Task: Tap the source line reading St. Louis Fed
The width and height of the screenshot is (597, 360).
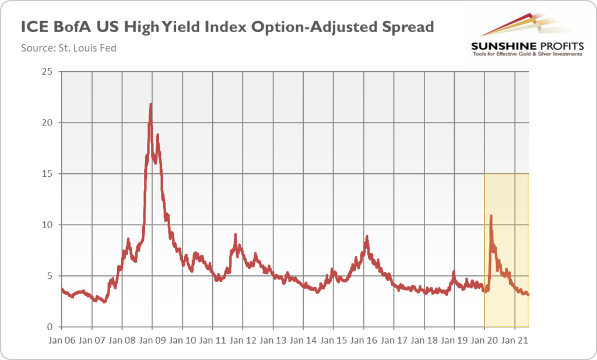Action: [x=69, y=48]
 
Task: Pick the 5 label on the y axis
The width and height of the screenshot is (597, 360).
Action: [x=50, y=276]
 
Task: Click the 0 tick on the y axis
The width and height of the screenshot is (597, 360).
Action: [x=50, y=327]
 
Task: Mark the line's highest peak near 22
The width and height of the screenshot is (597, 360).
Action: [x=151, y=104]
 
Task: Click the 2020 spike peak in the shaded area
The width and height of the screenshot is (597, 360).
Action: [x=491, y=215]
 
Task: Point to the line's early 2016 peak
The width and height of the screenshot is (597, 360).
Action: [x=367, y=236]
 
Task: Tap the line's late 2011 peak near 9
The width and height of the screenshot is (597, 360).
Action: [x=235, y=235]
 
